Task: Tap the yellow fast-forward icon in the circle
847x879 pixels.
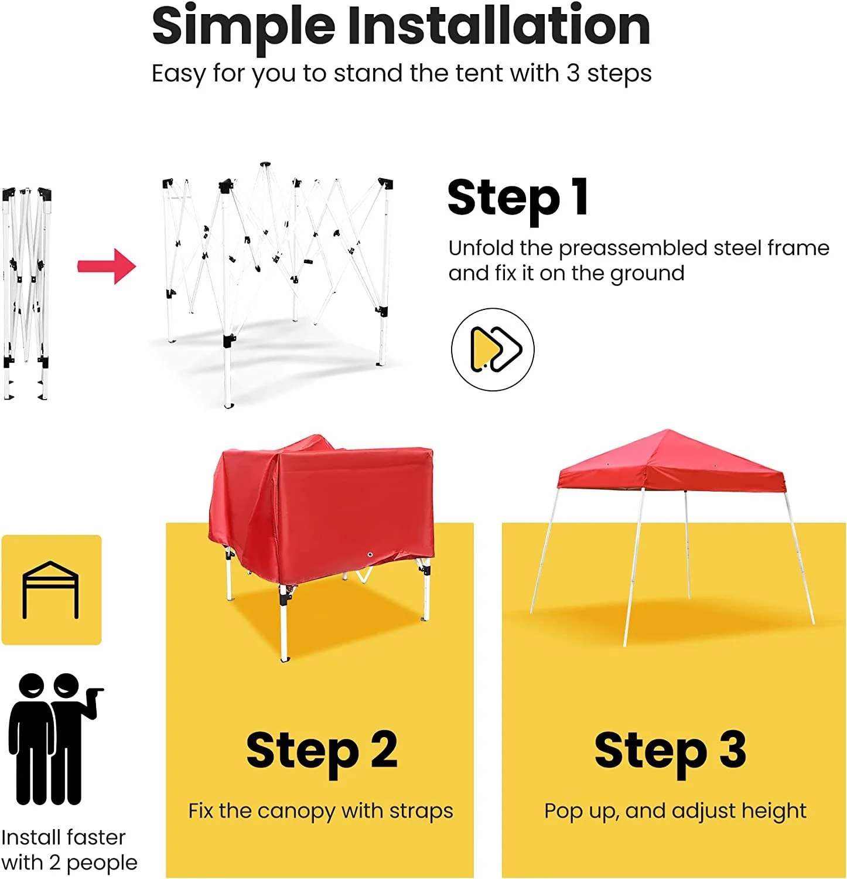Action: coord(493,349)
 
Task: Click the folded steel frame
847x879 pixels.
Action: coord(26,293)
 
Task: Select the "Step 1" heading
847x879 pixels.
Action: coord(517,198)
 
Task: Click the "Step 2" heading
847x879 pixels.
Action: coord(322,750)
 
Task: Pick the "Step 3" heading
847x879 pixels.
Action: coord(670,750)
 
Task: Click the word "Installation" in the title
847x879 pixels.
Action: coord(498,26)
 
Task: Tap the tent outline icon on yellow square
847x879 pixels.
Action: coord(51,590)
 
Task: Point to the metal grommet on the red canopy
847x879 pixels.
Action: coord(370,554)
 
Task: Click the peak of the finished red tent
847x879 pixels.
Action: coord(667,432)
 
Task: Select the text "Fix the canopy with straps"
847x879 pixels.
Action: coord(320,811)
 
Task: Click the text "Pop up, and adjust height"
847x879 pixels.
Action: coord(675,811)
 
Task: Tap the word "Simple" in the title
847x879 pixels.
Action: coord(243,26)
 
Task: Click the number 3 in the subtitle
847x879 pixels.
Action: coord(573,74)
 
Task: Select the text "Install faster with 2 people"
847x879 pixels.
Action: coord(69,850)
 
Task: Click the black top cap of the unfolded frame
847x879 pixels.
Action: coord(265,165)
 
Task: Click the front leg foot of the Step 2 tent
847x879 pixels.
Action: coord(285,659)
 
